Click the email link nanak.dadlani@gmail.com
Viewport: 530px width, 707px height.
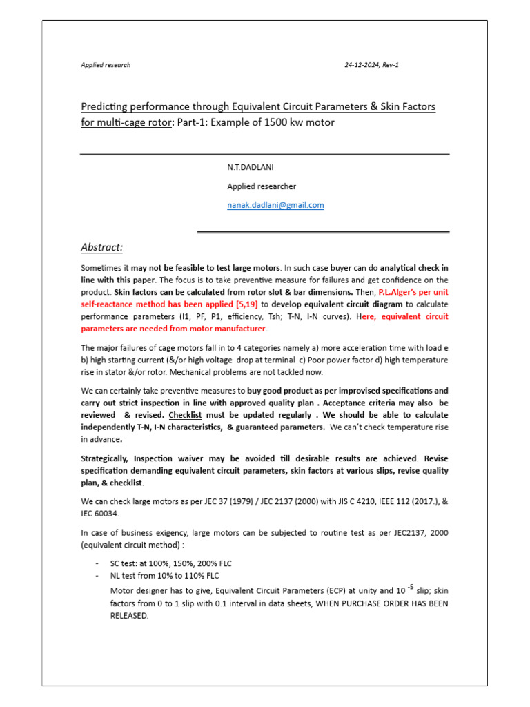point(275,205)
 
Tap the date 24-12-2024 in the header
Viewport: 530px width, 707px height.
point(363,65)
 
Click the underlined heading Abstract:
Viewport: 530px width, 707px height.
point(101,247)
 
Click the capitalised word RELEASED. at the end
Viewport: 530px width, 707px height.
point(130,615)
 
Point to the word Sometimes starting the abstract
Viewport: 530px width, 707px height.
point(101,267)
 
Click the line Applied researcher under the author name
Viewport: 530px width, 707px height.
point(262,186)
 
